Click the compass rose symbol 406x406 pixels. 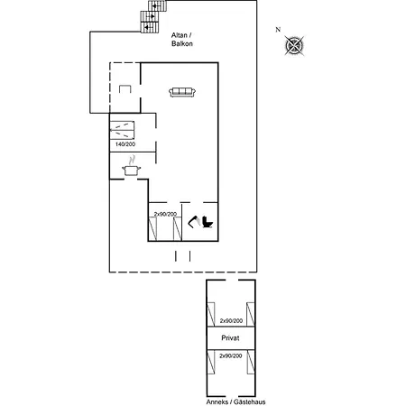[x=297, y=45]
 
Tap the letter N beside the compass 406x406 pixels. [x=279, y=30]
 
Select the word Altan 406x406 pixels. [x=180, y=33]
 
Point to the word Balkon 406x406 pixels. [x=183, y=42]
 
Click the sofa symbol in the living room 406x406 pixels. [x=183, y=91]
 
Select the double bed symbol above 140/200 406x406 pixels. [x=123, y=128]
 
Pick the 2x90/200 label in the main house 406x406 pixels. [x=164, y=214]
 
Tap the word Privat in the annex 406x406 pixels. [x=230, y=337]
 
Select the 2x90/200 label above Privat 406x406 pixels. [x=230, y=320]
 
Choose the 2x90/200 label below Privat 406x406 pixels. [x=230, y=355]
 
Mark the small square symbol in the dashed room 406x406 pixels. [x=125, y=88]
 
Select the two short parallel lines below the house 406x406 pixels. [x=183, y=256]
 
